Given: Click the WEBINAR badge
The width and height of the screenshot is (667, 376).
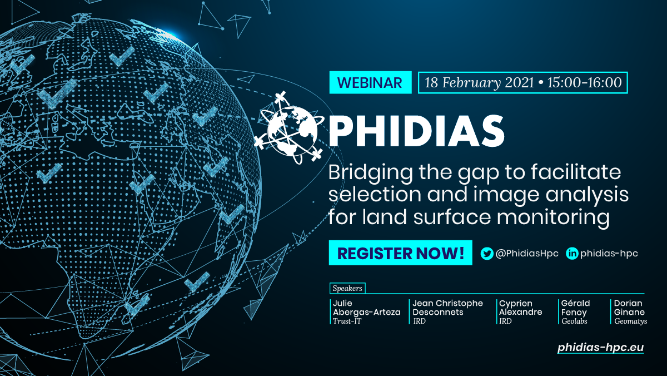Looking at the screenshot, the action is coord(370,82).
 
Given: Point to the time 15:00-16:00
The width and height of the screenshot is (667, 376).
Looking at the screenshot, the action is coord(584,82).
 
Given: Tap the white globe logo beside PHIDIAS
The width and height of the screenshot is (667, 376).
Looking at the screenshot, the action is coord(289,128).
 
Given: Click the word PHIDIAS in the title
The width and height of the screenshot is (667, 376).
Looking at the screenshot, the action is coord(416,131).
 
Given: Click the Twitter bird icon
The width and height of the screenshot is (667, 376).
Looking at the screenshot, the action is coord(487,254).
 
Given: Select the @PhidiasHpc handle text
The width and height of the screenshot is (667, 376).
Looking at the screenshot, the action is coord(527,254).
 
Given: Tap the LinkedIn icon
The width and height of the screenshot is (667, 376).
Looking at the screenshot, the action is coord(572,254).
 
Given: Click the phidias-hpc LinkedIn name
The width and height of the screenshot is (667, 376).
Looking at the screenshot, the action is coord(609,254).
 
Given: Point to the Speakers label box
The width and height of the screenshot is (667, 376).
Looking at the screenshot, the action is coord(347,288).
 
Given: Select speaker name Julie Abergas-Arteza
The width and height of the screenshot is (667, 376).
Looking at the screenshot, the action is coord(366,308).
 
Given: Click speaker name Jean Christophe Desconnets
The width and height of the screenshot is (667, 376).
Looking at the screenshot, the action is coord(447,308).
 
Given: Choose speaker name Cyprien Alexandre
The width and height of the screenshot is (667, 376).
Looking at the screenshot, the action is coord(520,308).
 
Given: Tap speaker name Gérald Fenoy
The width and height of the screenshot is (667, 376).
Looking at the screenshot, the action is coord(575,308).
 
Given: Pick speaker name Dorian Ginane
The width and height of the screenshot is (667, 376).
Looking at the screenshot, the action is coord(629,308).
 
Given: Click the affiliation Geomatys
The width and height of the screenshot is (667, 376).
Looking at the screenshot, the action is coord(631,321).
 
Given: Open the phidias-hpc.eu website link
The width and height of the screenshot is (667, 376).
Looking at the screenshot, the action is coord(601,348).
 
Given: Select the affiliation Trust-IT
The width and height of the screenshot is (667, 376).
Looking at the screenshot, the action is coord(347,321).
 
